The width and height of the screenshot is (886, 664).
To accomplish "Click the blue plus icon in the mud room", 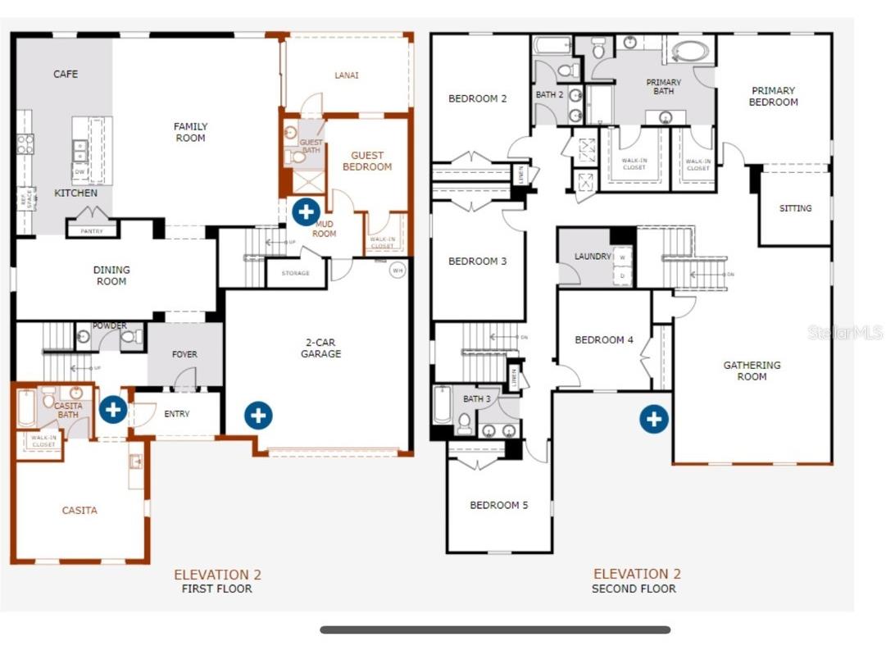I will pyautogui.click(x=306, y=211).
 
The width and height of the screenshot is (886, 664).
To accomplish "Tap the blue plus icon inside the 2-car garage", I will pyautogui.click(x=258, y=415).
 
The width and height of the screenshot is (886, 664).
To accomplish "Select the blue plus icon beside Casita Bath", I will pyautogui.click(x=112, y=409).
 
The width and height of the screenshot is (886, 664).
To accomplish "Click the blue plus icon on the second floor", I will pyautogui.click(x=653, y=419).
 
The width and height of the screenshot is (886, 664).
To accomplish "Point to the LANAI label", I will pyautogui.click(x=347, y=75).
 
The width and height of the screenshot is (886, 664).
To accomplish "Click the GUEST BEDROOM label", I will pyautogui.click(x=366, y=161).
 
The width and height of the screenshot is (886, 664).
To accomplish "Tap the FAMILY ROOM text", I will pyautogui.click(x=190, y=132).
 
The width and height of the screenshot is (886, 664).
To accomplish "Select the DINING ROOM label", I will pyautogui.click(x=111, y=275).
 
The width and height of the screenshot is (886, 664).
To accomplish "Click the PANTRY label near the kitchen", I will pyautogui.click(x=92, y=231).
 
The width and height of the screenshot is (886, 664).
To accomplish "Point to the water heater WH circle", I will pyautogui.click(x=398, y=270).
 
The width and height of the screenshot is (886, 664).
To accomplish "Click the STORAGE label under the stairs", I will pyautogui.click(x=295, y=273).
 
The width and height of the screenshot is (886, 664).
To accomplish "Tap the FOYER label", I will pyautogui.click(x=184, y=354).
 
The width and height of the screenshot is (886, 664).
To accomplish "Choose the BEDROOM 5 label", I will pyautogui.click(x=499, y=505).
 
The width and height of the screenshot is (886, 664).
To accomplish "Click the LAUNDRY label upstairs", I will pyautogui.click(x=593, y=257).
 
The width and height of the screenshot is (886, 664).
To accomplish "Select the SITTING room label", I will pyautogui.click(x=795, y=208).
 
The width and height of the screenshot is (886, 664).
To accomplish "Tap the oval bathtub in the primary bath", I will pyautogui.click(x=690, y=52).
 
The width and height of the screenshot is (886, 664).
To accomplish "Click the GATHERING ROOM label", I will pyautogui.click(x=752, y=371).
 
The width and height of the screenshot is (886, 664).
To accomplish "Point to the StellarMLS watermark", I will pyautogui.click(x=845, y=332).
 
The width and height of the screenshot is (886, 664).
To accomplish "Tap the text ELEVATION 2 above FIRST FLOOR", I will pyautogui.click(x=217, y=575).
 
